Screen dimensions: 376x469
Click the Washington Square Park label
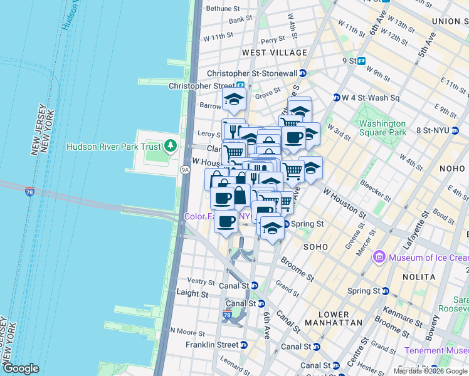click(382, 128)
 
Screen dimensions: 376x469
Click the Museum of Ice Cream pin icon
click(379, 257)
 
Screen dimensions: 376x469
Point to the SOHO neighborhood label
click(315, 247)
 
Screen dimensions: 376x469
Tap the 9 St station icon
click(362, 61)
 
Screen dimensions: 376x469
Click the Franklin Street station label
click(212, 345)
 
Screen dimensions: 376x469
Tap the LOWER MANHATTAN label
click(334, 318)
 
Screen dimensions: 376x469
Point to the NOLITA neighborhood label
click(420, 276)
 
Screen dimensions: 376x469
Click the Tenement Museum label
click(436, 350)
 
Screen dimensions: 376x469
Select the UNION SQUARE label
click(450, 21)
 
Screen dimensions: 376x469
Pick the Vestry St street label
click(202, 282)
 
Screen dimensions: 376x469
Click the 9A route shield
click(185, 169)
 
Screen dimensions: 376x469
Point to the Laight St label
click(192, 293)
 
